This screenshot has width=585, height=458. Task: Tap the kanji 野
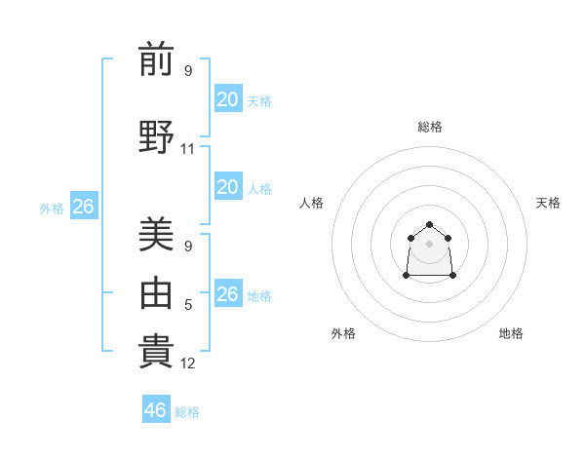[156, 136]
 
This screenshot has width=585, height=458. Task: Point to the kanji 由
[156, 291]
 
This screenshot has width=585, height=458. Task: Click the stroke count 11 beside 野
[188, 149]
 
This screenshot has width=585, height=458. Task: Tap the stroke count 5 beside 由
[188, 305]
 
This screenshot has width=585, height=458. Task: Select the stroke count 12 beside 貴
[188, 363]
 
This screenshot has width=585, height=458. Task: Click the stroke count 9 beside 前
[188, 71]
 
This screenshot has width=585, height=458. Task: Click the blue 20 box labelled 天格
[227, 98]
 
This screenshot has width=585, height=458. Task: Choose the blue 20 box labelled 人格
[227, 187]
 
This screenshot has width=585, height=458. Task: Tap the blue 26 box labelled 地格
[227, 294]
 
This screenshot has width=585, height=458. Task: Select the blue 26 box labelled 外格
[83, 207]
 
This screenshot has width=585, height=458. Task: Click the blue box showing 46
[155, 410]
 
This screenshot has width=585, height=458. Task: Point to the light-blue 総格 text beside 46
[187, 412]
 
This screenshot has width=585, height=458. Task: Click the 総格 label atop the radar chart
[429, 127]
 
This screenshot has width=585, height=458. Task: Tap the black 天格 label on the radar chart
[548, 203]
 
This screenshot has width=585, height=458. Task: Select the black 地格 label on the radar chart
[511, 333]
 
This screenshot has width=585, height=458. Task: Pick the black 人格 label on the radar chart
[311, 203]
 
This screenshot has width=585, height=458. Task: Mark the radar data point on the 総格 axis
[429, 225]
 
